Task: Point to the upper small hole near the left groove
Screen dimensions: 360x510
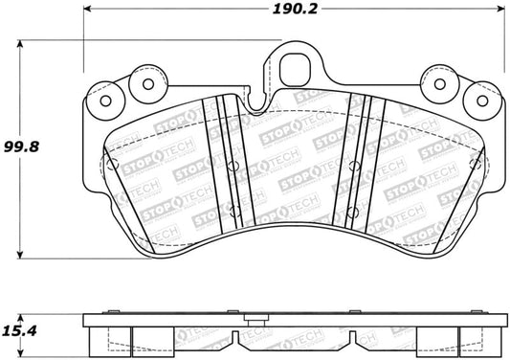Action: tap(233, 166)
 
